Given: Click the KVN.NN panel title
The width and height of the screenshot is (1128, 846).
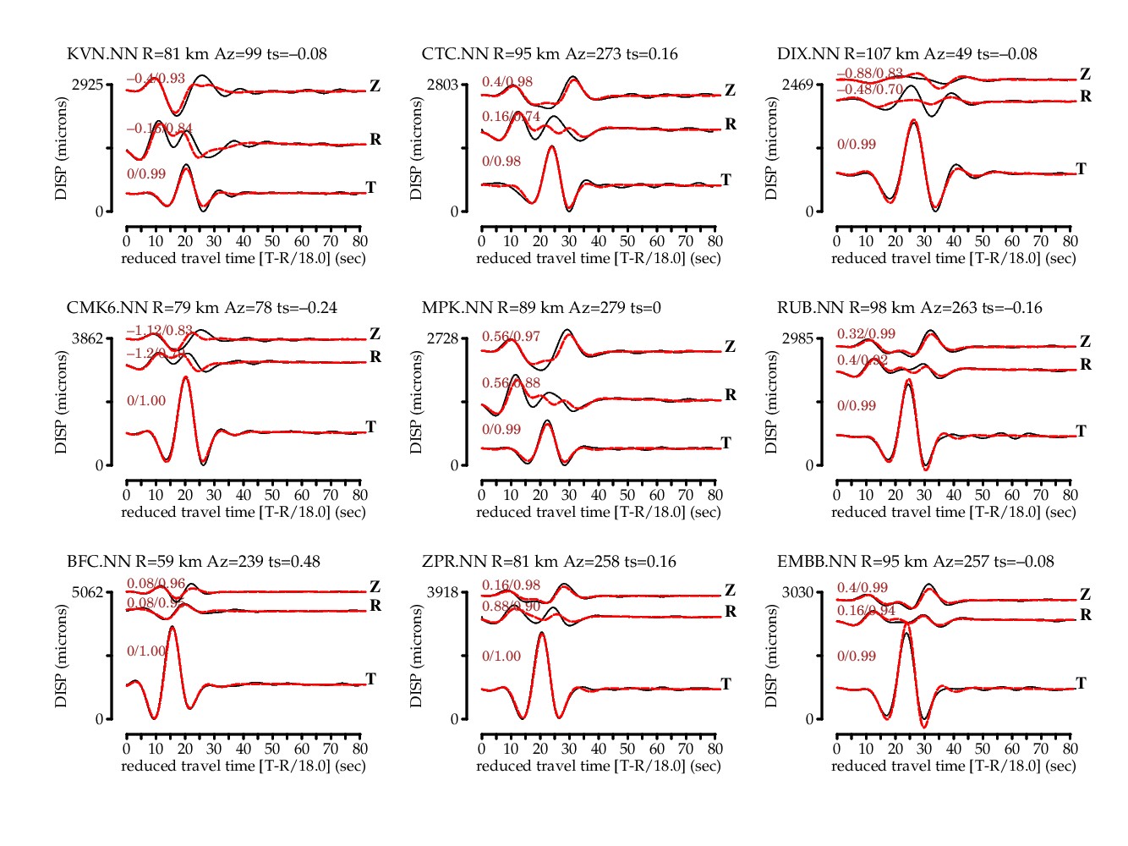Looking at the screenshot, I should coord(196,54).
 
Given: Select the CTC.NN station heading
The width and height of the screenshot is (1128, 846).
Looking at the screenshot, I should coord(550,54).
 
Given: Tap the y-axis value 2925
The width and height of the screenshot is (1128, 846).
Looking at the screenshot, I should coord(87,85).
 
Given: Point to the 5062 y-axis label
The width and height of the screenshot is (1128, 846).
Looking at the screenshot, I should coord(87,592).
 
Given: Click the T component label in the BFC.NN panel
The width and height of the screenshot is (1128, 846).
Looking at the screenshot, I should coord(370,679).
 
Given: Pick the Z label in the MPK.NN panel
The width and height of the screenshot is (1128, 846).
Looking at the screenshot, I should coord(730,347).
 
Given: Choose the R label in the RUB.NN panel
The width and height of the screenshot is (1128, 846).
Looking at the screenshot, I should coord(1086,365).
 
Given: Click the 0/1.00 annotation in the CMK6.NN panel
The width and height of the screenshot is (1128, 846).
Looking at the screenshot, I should coord(146,401).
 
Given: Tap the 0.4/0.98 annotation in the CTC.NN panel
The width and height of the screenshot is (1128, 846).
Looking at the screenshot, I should coord(507,82).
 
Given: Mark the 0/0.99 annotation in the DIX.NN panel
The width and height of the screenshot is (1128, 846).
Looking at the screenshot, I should coord(857,145).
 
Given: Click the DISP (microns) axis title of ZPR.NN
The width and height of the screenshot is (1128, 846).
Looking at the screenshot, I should coord(416,656).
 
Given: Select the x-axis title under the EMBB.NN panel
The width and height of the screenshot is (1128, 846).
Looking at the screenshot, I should coord(953,766).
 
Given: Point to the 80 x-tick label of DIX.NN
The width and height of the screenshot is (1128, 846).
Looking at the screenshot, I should coord(1070,241).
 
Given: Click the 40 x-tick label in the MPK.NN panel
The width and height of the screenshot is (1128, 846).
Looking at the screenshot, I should coord(598,495).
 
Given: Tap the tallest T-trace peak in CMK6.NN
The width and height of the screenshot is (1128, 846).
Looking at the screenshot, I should coord(185,376).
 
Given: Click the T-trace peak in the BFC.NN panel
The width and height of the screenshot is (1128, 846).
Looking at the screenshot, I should coord(172,627).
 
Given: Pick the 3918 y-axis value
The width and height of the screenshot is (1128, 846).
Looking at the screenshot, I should coord(442,592).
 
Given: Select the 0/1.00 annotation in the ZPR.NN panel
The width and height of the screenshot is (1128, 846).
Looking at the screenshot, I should coord(501,656).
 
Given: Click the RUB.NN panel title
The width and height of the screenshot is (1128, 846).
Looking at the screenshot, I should coord(909,308).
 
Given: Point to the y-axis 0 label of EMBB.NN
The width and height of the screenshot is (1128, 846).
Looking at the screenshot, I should coord(809,719).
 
